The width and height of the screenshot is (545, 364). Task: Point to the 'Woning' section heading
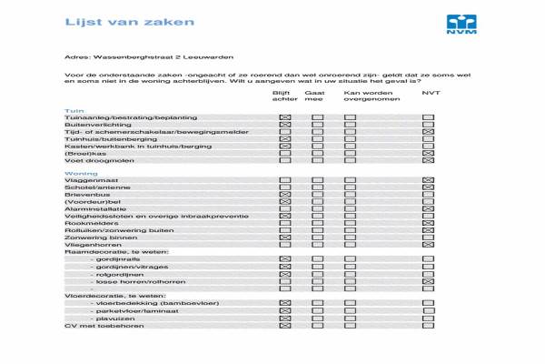tap(80, 173)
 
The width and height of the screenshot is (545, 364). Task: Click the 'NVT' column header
tap(430, 92)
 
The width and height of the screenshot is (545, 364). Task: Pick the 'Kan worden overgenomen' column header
tap(366, 96)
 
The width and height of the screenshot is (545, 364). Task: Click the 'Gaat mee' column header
tap(315, 96)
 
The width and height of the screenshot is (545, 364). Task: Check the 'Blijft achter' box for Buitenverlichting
tap(284, 125)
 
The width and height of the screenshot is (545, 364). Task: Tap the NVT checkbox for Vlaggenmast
tap(428, 181)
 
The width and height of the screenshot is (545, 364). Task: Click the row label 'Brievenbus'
tap(86, 195)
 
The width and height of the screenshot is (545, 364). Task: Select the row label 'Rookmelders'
tap(90, 223)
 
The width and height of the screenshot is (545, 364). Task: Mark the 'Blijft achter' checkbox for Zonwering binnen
tap(284, 237)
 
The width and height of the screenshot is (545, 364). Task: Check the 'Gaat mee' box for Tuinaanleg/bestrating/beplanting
tap(316, 118)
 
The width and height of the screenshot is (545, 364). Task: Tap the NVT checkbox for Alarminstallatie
tap(428, 209)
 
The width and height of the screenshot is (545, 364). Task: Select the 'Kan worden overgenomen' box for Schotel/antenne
tap(350, 188)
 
